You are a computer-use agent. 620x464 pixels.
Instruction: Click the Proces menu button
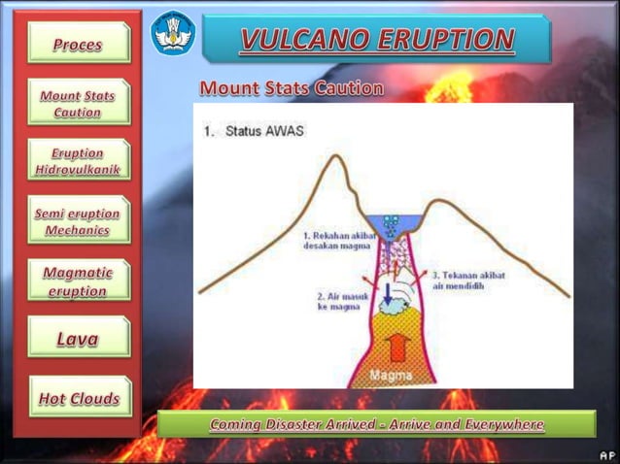point(78,44)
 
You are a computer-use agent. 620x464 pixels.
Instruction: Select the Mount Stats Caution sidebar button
point(78,104)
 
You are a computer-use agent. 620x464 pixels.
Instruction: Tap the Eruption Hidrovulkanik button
point(78,161)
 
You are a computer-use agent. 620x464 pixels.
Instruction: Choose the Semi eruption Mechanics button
point(78,222)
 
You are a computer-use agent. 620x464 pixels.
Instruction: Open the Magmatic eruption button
point(78,282)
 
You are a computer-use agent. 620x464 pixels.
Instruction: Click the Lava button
point(78,339)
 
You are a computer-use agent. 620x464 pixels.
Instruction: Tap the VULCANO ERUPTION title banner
point(377,40)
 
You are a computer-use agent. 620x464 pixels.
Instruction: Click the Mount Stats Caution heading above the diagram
point(291,88)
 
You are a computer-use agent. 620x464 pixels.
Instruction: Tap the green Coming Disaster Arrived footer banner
point(376,425)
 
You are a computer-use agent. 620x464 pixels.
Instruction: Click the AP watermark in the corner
point(605,453)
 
